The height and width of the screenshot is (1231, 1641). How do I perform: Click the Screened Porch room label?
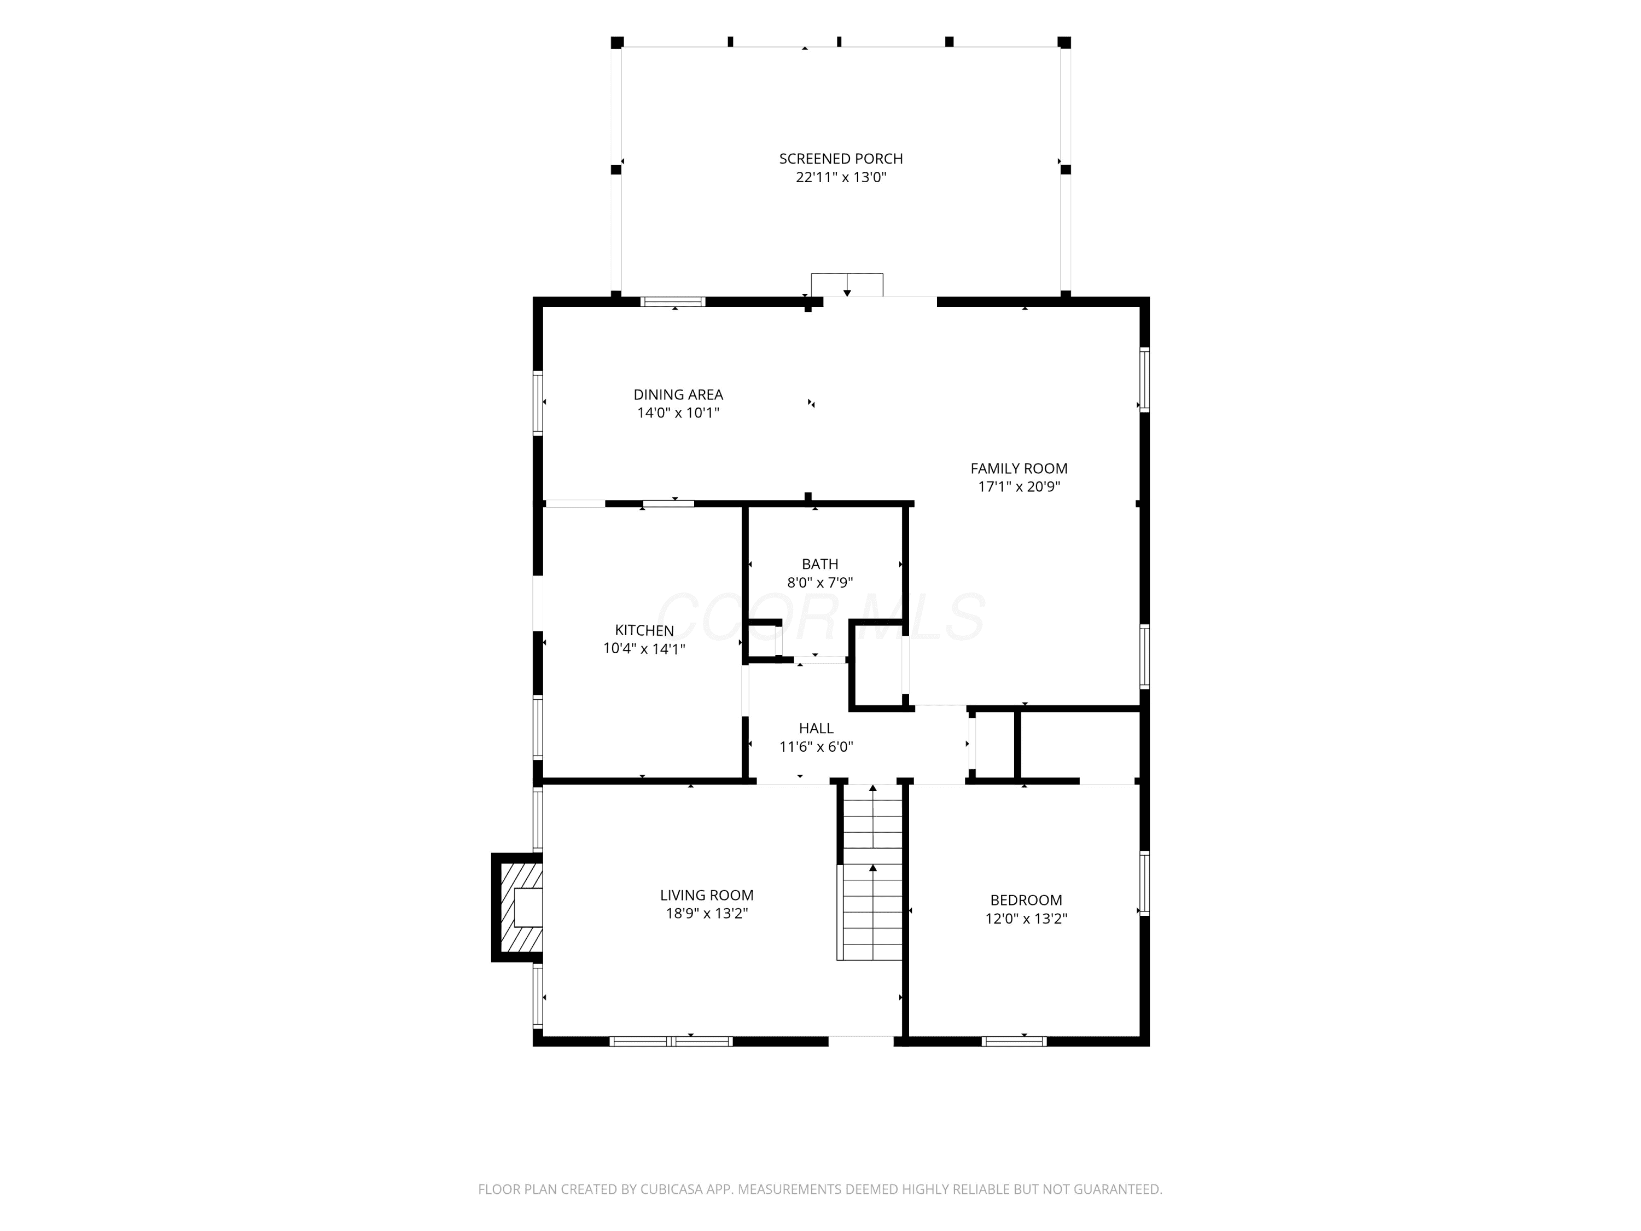coord(841,159)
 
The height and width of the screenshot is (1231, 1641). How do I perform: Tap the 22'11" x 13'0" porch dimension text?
coord(841,177)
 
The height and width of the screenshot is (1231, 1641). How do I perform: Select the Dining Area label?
coord(678,395)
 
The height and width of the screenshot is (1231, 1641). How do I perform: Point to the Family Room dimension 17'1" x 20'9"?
coord(1019,487)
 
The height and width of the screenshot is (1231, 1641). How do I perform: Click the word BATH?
coord(820,565)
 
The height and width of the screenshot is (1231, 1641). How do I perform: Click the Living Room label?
coord(706,896)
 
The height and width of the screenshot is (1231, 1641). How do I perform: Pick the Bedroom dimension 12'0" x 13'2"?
coord(1026,919)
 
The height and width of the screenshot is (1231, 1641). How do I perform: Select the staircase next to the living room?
coord(872,873)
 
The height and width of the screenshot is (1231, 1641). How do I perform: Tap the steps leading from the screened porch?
coord(846,285)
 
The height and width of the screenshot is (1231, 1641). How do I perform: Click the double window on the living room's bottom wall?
coord(671,1041)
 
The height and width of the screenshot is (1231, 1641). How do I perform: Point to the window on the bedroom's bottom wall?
coord(1014,1041)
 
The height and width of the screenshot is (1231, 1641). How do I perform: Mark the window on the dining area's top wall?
coord(673,302)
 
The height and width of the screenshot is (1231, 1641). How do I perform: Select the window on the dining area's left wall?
coord(538,402)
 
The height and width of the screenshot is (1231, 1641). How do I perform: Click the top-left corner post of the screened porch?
coord(617,42)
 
